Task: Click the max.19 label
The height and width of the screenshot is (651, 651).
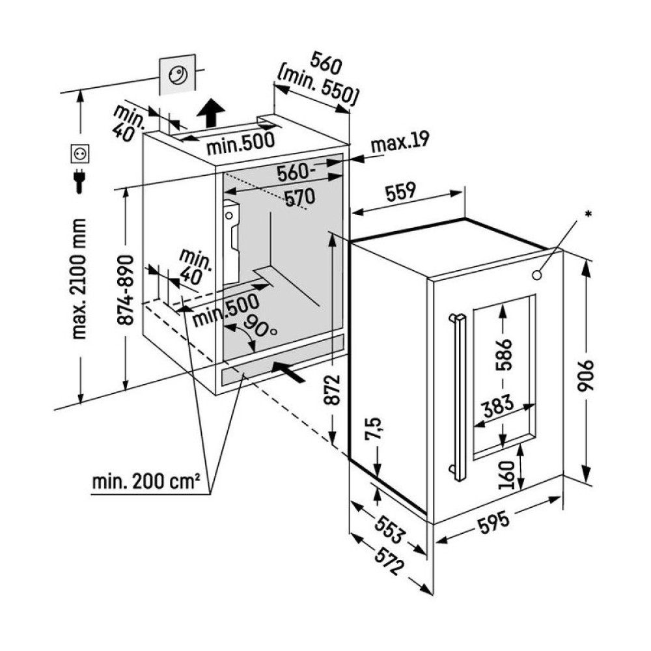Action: [400, 143]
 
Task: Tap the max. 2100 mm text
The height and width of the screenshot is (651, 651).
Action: [80, 279]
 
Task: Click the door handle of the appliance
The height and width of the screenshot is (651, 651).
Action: [459, 396]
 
